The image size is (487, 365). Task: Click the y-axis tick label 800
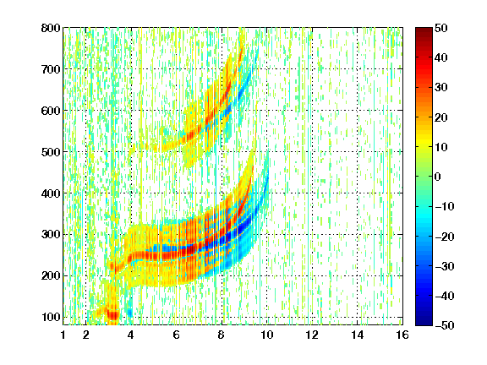coord(51,28)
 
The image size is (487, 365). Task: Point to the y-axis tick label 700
coord(51,69)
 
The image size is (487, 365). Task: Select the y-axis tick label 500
coord(51,152)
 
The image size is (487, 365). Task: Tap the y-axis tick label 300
coord(51,235)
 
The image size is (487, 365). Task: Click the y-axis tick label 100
coord(51,317)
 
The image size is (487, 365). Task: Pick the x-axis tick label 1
coord(63,335)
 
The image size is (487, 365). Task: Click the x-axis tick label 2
coord(86,335)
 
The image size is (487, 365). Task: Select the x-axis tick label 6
coord(177,335)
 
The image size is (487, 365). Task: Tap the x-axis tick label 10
coord(267,335)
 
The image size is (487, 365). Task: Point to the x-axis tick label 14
coord(358,335)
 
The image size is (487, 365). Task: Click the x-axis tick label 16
coord(402,335)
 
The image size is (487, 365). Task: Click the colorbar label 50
coord(440,28)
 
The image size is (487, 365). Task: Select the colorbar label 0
coord(438,177)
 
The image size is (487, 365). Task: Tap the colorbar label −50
coord(445,325)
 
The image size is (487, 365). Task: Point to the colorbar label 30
coord(440,87)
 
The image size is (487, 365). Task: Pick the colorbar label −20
coord(445,237)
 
